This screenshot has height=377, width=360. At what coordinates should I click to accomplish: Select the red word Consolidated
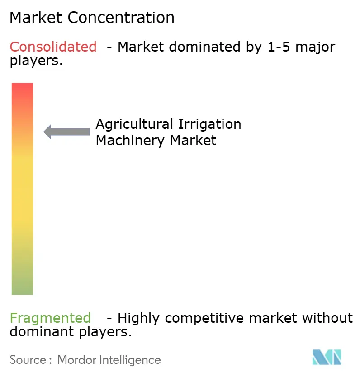(x=53, y=47)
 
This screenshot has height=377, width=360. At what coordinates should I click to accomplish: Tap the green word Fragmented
(x=50, y=318)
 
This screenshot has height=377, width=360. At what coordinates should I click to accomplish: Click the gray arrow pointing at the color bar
(x=66, y=132)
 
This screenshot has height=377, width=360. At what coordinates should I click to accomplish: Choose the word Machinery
(x=131, y=141)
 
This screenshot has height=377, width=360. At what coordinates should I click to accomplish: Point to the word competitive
(x=206, y=318)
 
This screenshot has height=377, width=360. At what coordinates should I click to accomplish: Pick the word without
(x=328, y=318)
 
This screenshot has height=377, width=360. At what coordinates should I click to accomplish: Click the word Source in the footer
(x=28, y=360)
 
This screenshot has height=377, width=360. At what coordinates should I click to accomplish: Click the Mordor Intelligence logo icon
(x=327, y=357)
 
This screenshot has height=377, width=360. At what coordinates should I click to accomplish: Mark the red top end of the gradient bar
(x=22, y=88)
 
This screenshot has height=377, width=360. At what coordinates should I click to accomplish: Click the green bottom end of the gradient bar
(x=22, y=289)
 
